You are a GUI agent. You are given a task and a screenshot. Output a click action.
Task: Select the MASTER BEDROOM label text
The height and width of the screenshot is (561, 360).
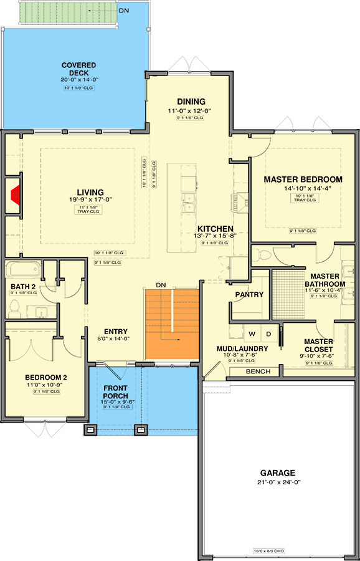(303, 180)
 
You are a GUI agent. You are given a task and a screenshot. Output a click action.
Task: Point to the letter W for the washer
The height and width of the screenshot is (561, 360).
(252, 334)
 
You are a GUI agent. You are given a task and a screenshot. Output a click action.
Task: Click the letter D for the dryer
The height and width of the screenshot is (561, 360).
(270, 334)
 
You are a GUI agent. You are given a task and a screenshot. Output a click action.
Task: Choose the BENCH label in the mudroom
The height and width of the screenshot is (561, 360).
(258, 372)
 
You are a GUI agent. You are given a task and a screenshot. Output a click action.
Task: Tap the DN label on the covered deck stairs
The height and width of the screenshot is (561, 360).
(125, 11)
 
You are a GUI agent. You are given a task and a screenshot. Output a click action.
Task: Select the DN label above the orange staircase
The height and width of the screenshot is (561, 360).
(161, 285)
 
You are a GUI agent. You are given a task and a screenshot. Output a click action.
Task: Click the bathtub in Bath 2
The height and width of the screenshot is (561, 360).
(23, 270)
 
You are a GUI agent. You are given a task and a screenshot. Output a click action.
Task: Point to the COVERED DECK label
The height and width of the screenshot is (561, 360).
(78, 69)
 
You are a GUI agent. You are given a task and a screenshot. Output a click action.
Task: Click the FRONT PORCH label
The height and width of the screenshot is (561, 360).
(116, 392)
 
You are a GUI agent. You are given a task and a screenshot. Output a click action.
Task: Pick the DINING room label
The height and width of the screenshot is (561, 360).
(191, 102)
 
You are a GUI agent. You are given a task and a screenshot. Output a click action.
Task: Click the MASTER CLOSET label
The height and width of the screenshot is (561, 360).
(318, 345)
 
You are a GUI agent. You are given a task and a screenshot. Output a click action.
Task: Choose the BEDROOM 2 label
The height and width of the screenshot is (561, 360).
(46, 377)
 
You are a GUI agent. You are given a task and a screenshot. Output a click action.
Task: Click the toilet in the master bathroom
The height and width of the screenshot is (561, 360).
(263, 254)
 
